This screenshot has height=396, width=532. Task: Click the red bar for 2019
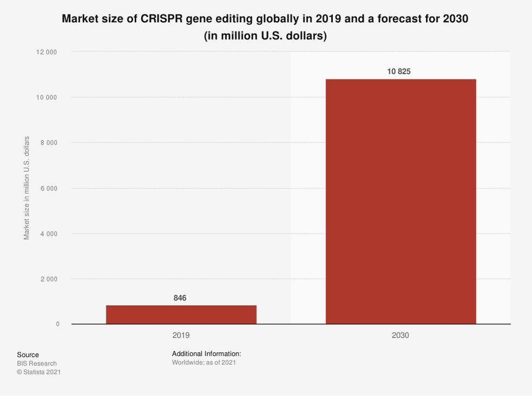pyautogui.click(x=181, y=315)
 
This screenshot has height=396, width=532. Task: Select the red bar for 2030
pyautogui.click(x=401, y=202)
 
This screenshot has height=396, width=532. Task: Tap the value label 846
pyautogui.click(x=180, y=298)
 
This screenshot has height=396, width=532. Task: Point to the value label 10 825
pyautogui.click(x=401, y=71)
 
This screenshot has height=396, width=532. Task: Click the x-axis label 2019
pyautogui.click(x=181, y=336)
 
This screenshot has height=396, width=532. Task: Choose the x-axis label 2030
pyautogui.click(x=400, y=336)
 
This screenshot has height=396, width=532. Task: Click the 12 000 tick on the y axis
pyautogui.click(x=47, y=52)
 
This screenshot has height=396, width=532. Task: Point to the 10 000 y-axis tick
pyautogui.click(x=47, y=98)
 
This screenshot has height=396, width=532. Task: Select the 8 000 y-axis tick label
pyautogui.click(x=48, y=143)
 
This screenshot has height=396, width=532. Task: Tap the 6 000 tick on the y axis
pyautogui.click(x=48, y=188)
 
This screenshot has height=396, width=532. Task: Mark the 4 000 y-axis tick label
pyautogui.click(x=48, y=234)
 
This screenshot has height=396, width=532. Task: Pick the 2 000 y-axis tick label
pyautogui.click(x=48, y=279)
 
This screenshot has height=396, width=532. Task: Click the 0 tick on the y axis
pyautogui.click(x=58, y=324)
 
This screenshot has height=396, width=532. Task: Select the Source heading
pyautogui.click(x=28, y=355)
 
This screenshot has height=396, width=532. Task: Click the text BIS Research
pyautogui.click(x=36, y=363)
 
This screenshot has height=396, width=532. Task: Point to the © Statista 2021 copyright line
pyautogui.click(x=39, y=372)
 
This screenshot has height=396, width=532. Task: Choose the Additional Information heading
pyautogui.click(x=202, y=354)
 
